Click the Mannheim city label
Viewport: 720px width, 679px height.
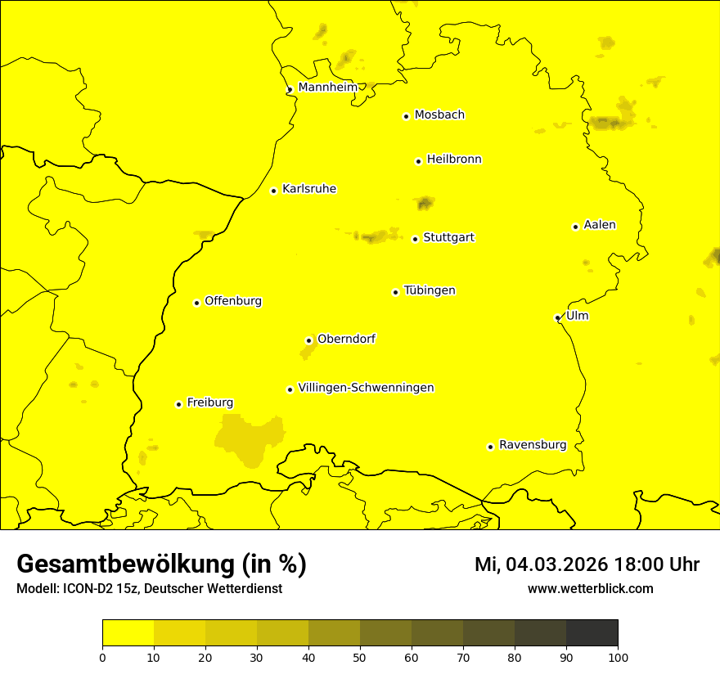(x=327, y=88)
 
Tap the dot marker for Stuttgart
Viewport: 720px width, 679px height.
(x=415, y=239)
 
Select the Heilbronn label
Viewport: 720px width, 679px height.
(x=454, y=160)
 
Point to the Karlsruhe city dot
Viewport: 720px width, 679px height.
(x=273, y=191)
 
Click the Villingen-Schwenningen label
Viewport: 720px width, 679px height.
(x=366, y=388)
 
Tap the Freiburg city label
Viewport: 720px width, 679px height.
(x=209, y=402)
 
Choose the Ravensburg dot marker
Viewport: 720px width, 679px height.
(x=490, y=447)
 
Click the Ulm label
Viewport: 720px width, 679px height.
(x=577, y=316)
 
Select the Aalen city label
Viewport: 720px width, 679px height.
(x=600, y=225)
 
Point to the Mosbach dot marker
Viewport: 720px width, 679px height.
(x=406, y=116)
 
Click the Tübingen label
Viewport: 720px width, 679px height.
(x=430, y=290)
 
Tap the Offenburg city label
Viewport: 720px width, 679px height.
(x=233, y=301)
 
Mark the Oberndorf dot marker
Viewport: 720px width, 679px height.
(x=308, y=340)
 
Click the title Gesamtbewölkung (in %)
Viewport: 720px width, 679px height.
(x=161, y=564)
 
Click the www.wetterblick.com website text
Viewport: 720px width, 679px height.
(x=590, y=588)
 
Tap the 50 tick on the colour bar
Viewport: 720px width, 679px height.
(x=360, y=656)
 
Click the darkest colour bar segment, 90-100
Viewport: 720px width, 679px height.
(x=592, y=632)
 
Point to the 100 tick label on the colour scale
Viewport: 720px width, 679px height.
(x=618, y=656)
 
